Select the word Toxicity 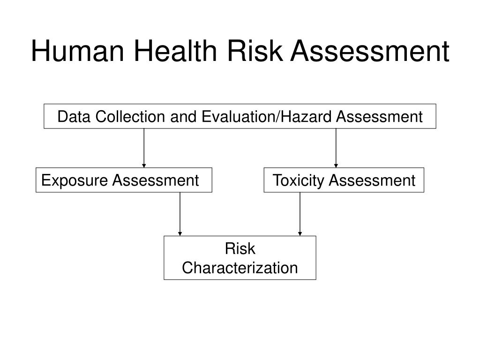(x=296, y=180)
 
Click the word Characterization (x=240, y=268)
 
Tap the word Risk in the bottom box (x=240, y=249)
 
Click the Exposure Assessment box (x=124, y=180)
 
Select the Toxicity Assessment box (x=344, y=180)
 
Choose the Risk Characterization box (x=240, y=258)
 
